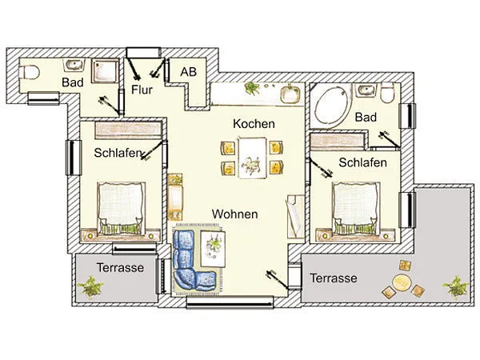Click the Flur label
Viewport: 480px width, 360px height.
[142, 90]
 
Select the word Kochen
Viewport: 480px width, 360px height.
[254, 124]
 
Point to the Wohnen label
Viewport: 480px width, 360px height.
[234, 214]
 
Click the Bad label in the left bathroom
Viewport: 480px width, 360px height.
[73, 82]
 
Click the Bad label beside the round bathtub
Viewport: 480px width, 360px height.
[366, 118]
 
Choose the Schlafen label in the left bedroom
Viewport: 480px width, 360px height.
[118, 154]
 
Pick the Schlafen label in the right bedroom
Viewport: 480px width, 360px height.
[362, 162]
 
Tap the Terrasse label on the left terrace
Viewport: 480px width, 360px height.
[120, 268]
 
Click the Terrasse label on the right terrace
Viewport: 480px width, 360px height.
[333, 278]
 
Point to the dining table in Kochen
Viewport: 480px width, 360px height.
[252, 156]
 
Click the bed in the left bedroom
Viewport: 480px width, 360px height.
[121, 207]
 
